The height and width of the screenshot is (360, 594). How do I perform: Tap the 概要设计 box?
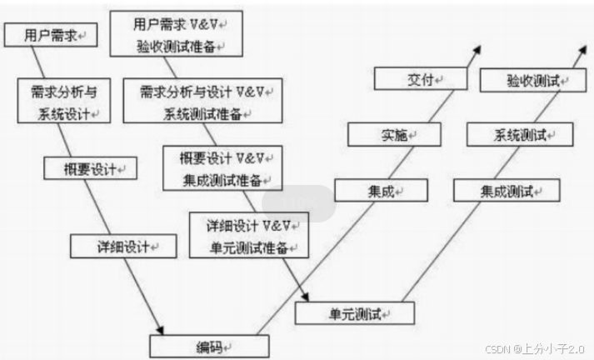(x=90, y=168)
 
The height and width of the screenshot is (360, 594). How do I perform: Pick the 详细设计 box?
(x=123, y=245)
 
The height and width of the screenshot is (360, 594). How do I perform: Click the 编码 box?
(x=203, y=346)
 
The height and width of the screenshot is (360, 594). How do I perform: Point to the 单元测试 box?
(x=343, y=314)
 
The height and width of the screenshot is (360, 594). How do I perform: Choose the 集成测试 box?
(x=507, y=191)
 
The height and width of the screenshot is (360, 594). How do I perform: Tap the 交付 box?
(x=414, y=79)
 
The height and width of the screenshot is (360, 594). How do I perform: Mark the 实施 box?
(x=394, y=135)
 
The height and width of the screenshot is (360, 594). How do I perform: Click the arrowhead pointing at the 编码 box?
(x=158, y=329)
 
